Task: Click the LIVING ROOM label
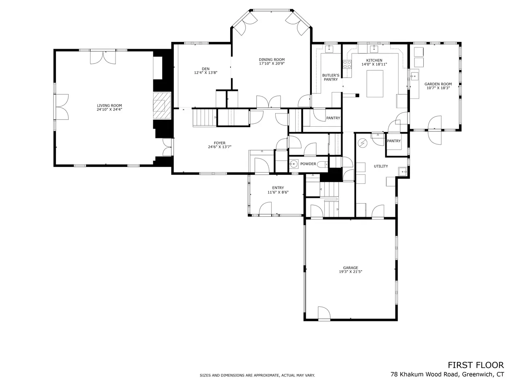(x=109, y=105)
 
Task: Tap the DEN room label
(x=206, y=69)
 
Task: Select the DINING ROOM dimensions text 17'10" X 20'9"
(x=272, y=64)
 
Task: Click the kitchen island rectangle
(x=375, y=84)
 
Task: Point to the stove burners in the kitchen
(x=347, y=64)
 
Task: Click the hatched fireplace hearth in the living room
(x=162, y=105)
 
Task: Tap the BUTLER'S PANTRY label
(x=331, y=77)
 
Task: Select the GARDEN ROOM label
(x=438, y=84)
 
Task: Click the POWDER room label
(x=308, y=164)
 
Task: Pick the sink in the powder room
(x=293, y=164)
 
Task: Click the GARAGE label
(x=350, y=268)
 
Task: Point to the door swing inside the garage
(x=324, y=312)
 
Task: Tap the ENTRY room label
(x=278, y=188)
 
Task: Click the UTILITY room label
(x=381, y=166)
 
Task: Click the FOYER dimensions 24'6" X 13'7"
(x=220, y=147)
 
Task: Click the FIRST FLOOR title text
(x=476, y=365)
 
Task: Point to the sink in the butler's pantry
(x=329, y=49)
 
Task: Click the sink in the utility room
(x=402, y=172)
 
